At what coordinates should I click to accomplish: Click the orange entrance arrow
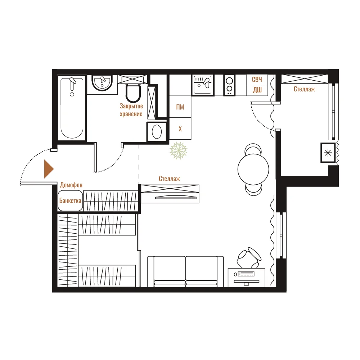click(48, 169)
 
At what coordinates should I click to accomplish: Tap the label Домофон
click(71, 185)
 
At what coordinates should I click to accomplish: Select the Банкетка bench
click(70, 201)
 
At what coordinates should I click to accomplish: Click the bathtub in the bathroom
click(72, 108)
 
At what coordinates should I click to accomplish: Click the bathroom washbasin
click(102, 83)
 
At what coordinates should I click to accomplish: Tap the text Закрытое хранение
click(131, 110)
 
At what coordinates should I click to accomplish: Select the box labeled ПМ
click(180, 107)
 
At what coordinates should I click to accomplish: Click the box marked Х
click(180, 129)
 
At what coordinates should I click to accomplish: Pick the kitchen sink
click(202, 85)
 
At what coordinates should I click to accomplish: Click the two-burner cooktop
click(229, 85)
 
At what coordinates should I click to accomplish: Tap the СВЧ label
click(257, 80)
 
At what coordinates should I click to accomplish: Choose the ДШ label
click(257, 90)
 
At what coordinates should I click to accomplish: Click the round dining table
click(253, 169)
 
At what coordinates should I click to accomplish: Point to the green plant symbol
click(179, 150)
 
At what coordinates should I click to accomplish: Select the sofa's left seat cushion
click(170, 268)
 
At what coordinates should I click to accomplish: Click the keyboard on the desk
click(246, 274)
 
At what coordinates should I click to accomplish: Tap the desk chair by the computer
click(249, 257)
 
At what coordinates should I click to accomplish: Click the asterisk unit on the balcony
click(328, 153)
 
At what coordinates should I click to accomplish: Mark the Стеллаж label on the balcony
click(304, 89)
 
